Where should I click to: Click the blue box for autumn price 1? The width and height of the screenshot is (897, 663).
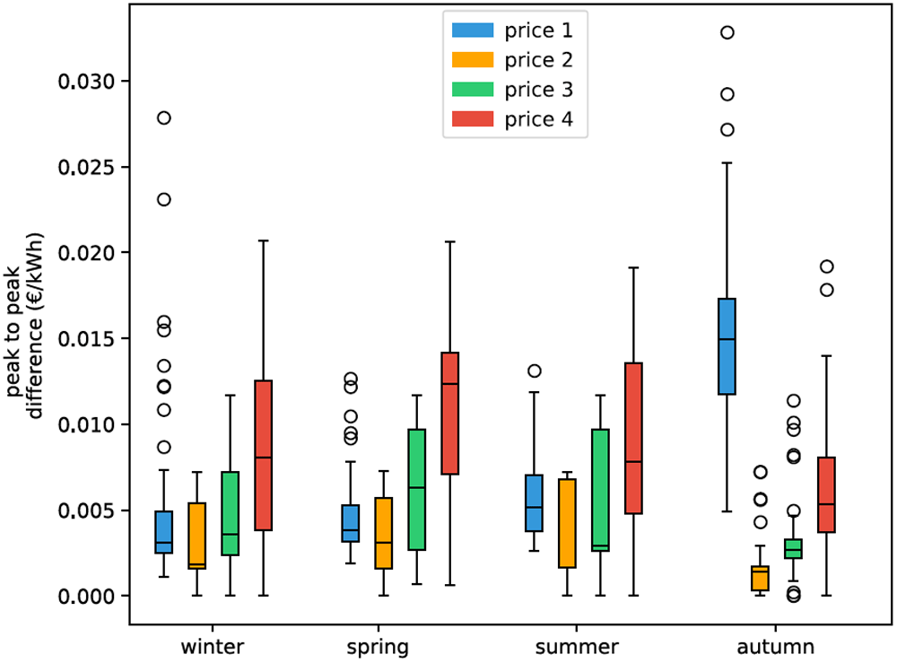pyautogui.click(x=727, y=346)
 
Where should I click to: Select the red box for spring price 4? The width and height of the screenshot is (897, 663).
pyautogui.click(x=450, y=413)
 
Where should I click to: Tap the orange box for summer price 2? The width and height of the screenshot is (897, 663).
pyautogui.click(x=567, y=523)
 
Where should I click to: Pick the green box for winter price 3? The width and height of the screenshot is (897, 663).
pyautogui.click(x=230, y=513)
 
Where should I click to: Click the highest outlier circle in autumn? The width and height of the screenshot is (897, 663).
pyautogui.click(x=727, y=32)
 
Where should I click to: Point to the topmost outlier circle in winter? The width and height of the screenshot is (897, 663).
pyautogui.click(x=164, y=118)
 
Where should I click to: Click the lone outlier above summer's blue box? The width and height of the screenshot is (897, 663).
pyautogui.click(x=535, y=371)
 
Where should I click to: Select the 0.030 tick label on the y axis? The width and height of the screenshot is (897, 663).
pyautogui.click(x=86, y=82)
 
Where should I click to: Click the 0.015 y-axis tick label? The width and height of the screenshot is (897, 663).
pyautogui.click(x=86, y=338)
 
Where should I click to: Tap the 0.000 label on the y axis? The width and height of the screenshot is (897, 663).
pyautogui.click(x=86, y=596)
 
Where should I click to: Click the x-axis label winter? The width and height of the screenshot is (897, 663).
pyautogui.click(x=213, y=647)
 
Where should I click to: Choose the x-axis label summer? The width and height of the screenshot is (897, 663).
pyautogui.click(x=577, y=647)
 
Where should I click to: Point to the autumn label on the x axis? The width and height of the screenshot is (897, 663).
pyautogui.click(x=776, y=647)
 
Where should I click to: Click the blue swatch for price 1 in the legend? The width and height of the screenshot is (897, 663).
pyautogui.click(x=473, y=31)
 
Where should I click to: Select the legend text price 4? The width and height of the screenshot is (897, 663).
pyautogui.click(x=538, y=119)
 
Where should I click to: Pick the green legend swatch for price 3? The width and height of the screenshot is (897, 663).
pyautogui.click(x=473, y=90)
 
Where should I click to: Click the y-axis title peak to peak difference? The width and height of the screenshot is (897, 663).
pyautogui.click(x=25, y=326)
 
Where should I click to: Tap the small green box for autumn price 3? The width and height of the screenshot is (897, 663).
pyautogui.click(x=794, y=548)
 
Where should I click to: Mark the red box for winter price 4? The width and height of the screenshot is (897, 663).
pyautogui.click(x=263, y=456)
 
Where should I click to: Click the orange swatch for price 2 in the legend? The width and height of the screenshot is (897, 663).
pyautogui.click(x=473, y=60)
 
